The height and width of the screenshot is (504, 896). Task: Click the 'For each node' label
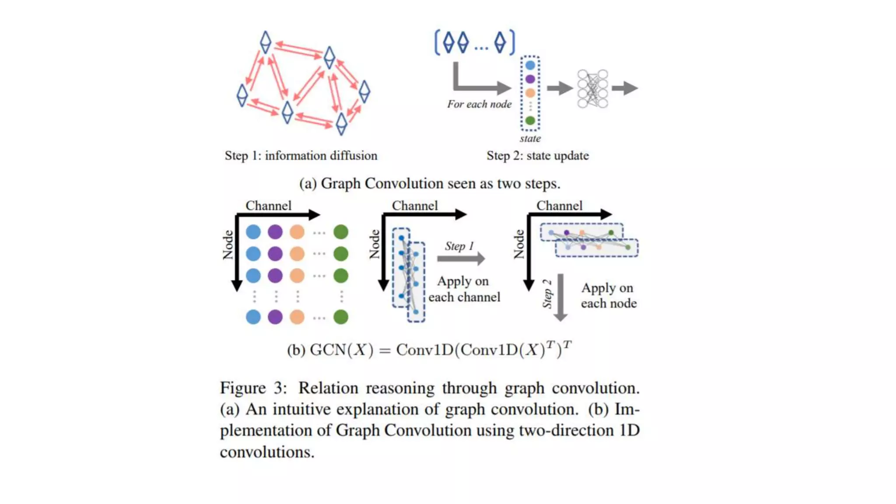coord(479,104)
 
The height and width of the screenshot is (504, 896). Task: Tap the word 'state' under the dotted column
coord(530,139)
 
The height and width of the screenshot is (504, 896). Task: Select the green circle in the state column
coord(530,120)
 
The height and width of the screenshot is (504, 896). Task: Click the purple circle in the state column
coord(530,79)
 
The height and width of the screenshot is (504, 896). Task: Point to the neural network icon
coord(592,88)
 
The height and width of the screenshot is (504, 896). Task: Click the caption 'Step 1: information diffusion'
coord(301,156)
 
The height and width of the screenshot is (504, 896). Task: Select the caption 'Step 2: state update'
coord(538,156)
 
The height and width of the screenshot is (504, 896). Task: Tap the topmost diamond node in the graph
coord(266,42)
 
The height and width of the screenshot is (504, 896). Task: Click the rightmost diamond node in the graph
coord(364,92)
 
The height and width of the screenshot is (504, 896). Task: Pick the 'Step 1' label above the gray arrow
coord(459,246)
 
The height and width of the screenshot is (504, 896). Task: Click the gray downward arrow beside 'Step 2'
coord(560,297)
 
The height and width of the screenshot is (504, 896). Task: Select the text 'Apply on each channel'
coord(464,289)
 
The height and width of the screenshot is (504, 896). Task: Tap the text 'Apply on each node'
coord(608,295)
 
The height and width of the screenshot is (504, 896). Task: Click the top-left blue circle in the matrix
coord(253,232)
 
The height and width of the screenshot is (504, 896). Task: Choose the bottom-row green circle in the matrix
coord(341,317)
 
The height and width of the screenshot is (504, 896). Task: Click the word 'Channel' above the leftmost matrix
coord(268,206)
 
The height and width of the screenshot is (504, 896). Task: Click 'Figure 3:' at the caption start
coord(253,388)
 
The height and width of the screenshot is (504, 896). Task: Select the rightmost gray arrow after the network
coord(625,88)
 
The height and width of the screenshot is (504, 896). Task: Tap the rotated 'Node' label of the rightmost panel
coord(519,244)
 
